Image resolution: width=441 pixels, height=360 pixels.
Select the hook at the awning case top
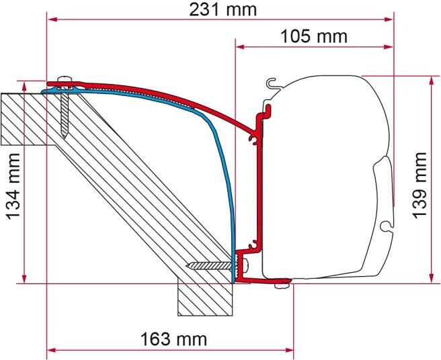click(x=272, y=83)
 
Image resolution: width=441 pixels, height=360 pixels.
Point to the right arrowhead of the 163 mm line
click(x=290, y=349)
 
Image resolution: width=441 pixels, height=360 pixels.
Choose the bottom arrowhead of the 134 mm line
click(x=25, y=279)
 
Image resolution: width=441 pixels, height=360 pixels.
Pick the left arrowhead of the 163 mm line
click(x=50, y=349)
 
